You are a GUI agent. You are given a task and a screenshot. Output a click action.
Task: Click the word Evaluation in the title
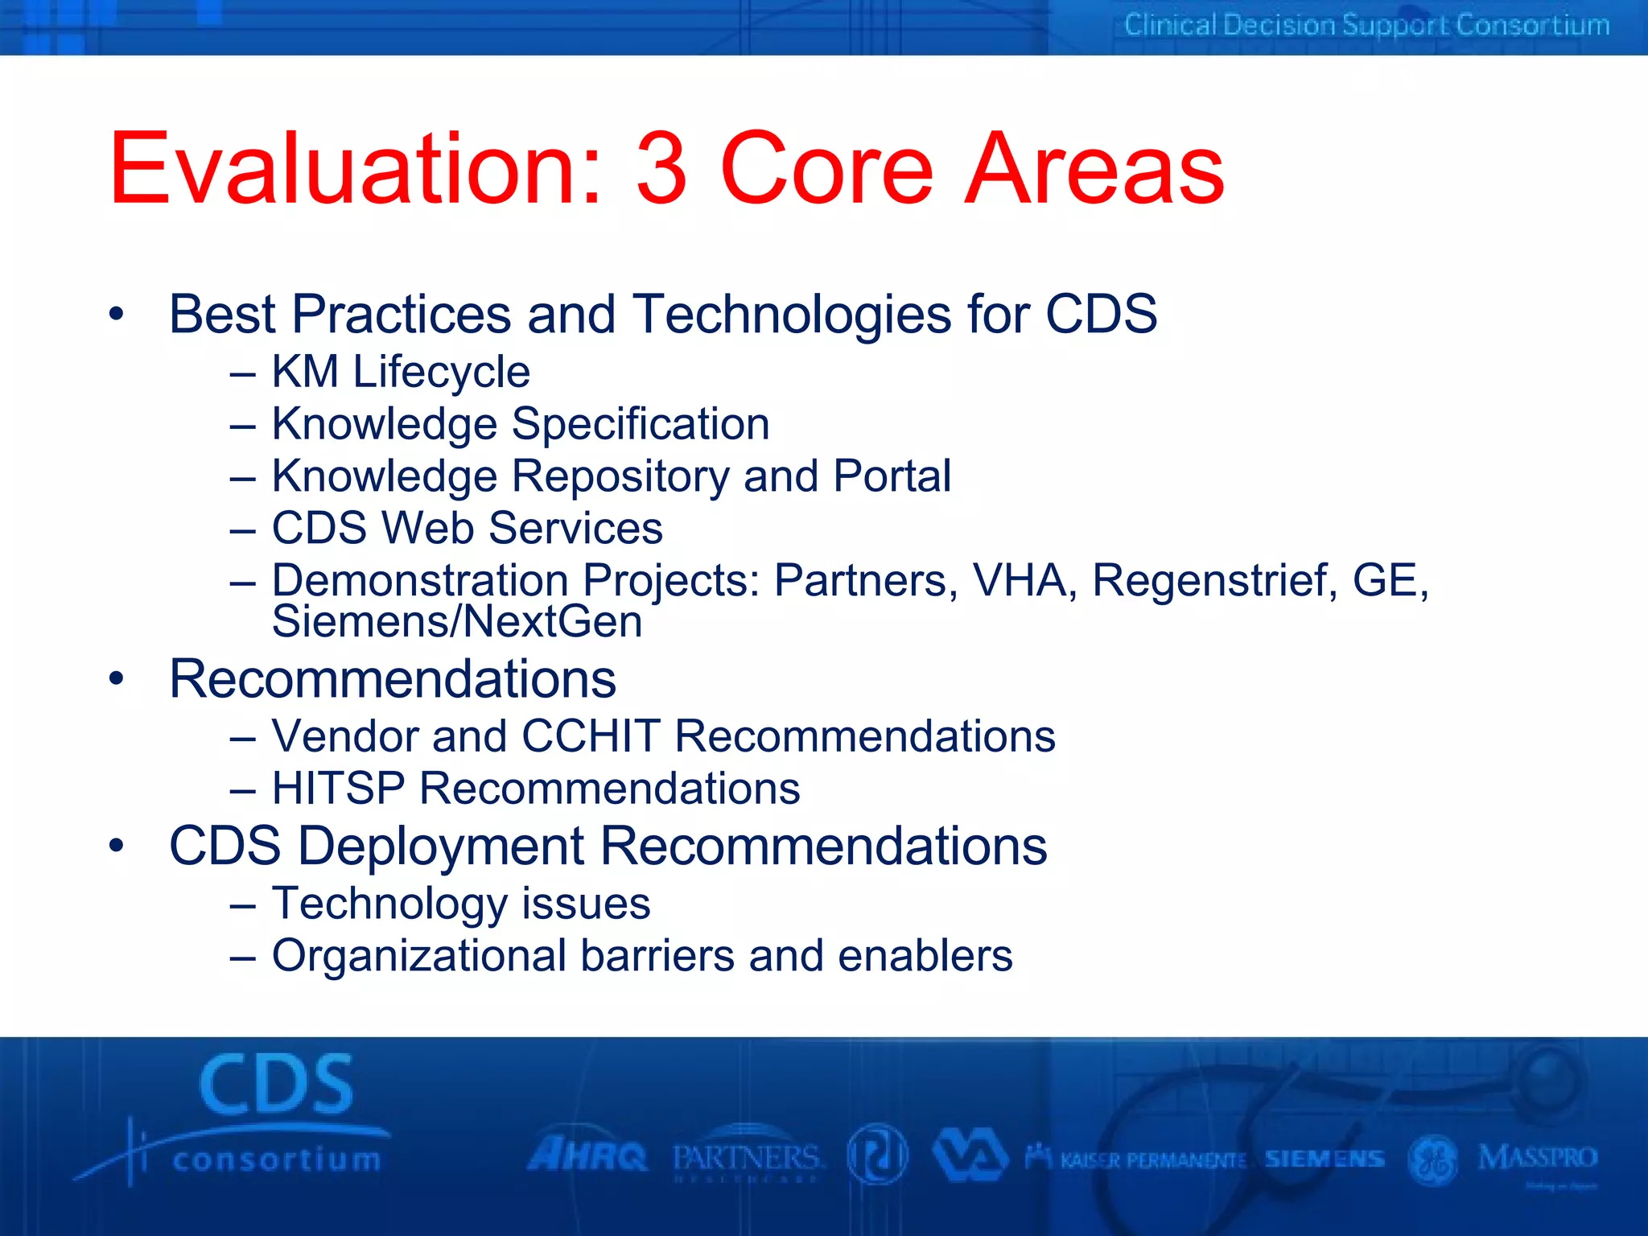354,169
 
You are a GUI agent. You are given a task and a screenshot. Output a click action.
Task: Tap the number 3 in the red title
661,169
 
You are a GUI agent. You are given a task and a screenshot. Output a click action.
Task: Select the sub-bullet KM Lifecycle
400,372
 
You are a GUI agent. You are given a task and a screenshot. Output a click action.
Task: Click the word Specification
641,424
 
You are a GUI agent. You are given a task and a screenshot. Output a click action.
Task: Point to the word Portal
892,476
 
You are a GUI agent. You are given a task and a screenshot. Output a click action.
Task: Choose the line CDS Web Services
467,528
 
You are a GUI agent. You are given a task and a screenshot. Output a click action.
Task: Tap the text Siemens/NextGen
457,622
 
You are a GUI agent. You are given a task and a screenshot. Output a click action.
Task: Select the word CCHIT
591,736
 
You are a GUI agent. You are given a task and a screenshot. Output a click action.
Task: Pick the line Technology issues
460,904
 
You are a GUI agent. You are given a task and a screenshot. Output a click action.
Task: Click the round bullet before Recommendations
117,679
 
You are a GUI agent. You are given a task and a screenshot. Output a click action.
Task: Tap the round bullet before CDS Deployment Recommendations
117,847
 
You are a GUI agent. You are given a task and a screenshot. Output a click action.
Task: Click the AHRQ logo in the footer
587,1156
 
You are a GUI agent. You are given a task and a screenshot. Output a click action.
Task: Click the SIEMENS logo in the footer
1325,1159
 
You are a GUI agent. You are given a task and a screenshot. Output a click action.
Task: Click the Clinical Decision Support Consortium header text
1366,26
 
